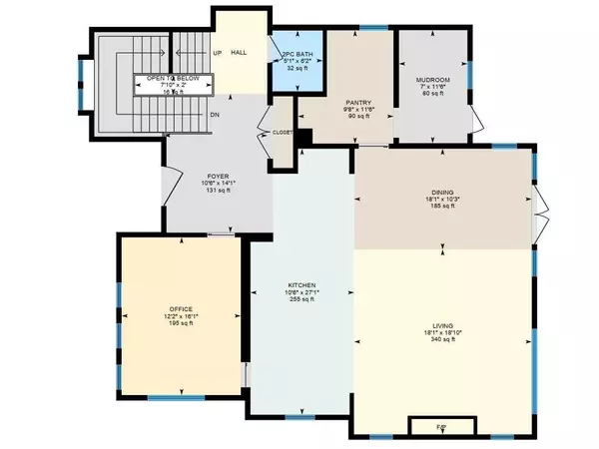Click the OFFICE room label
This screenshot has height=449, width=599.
181,308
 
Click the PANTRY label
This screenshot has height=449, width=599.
358,102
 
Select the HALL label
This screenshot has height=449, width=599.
239,52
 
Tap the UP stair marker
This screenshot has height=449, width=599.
216,53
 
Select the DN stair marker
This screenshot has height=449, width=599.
215,115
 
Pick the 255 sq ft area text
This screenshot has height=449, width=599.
301,300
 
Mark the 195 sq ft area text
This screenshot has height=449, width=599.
181,324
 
